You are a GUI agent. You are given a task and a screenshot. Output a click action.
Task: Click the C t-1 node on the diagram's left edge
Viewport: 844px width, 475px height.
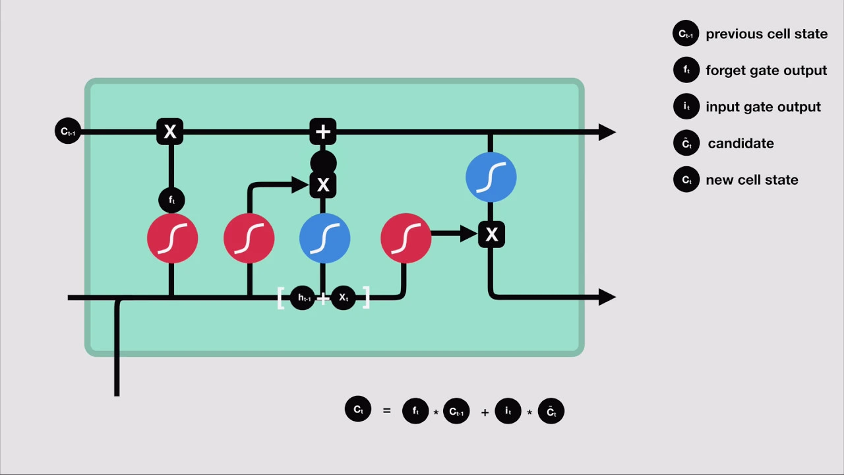point(67,131)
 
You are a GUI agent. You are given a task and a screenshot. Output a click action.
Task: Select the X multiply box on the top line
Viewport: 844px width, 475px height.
point(170,132)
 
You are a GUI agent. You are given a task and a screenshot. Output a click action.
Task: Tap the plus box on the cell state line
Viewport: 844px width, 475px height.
point(323,132)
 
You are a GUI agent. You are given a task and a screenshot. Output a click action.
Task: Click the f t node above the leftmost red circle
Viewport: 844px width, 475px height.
point(171,200)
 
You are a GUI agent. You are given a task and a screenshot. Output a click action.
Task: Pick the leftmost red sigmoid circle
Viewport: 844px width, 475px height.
point(172,238)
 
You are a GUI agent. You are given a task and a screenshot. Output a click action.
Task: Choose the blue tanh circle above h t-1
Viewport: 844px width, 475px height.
point(324,238)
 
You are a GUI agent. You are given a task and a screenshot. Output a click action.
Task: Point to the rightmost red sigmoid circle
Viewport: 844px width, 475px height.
point(406,238)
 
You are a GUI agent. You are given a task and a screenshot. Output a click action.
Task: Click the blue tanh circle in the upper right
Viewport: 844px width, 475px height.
point(491,177)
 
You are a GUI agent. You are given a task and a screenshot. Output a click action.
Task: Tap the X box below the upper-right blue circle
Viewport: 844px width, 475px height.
point(491,234)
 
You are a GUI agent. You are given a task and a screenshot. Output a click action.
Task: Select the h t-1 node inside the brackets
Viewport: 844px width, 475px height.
point(303,298)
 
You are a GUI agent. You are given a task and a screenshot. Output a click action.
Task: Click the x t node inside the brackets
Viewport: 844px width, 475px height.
point(344,298)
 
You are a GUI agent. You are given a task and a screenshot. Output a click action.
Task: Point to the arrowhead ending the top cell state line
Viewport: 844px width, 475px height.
point(607,132)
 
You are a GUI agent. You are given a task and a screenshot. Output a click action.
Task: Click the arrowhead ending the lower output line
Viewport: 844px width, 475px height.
point(607,298)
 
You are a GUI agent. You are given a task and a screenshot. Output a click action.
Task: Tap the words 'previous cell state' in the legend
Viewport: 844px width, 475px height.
point(766,34)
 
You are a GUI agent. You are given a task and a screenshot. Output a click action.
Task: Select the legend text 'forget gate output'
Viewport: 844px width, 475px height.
point(766,71)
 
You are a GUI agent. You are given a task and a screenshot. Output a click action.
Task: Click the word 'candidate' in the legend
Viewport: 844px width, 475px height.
point(740,143)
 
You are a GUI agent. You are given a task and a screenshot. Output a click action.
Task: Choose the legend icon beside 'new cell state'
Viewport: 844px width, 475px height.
point(686,179)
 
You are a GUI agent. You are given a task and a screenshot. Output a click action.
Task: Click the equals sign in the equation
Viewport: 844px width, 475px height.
point(386,411)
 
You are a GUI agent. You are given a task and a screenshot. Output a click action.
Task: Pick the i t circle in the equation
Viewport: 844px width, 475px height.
point(508,411)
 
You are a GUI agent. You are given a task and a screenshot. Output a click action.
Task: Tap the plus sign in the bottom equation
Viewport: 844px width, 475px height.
point(485,412)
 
